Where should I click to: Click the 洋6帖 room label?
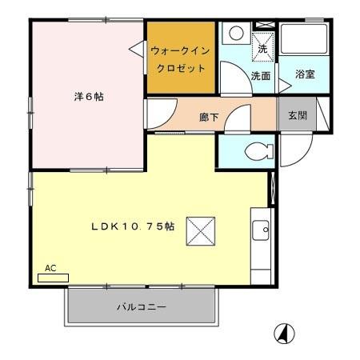tap(88, 97)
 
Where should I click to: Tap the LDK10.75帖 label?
tap(132, 226)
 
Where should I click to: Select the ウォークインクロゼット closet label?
tap(181, 58)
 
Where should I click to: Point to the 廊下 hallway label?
tap(209, 118)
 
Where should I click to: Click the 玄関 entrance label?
tap(297, 114)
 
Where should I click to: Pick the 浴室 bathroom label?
tap(304, 75)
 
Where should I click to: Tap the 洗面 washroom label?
tap(260, 77)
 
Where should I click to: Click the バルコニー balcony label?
tap(142, 306)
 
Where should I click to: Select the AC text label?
tap(50, 268)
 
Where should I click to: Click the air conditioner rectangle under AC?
tap(53, 278)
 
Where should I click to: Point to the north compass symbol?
tap(284, 333)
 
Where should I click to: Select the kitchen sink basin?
tap(262, 231)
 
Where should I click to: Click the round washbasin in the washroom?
tap(235, 34)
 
